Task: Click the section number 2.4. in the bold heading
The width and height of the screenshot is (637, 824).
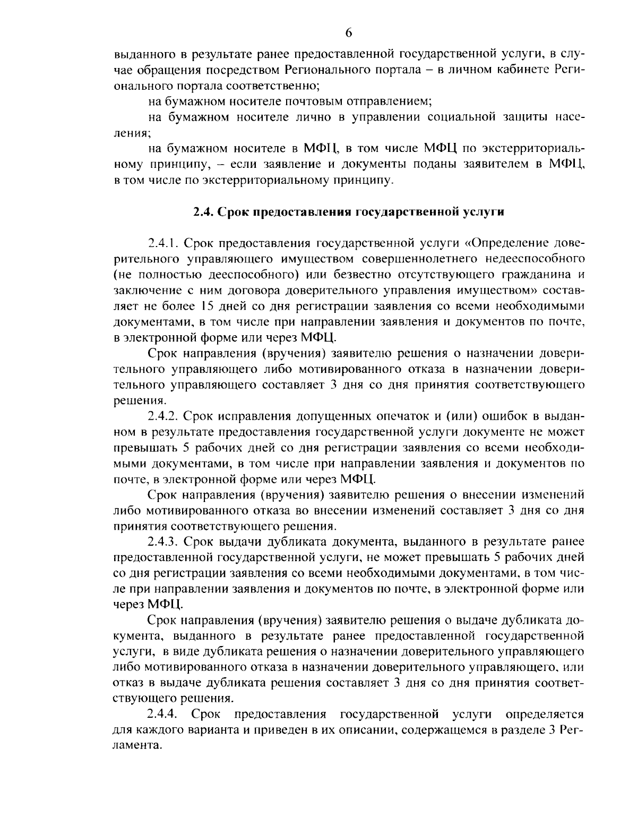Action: (202, 211)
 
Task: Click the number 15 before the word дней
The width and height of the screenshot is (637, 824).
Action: (207, 307)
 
